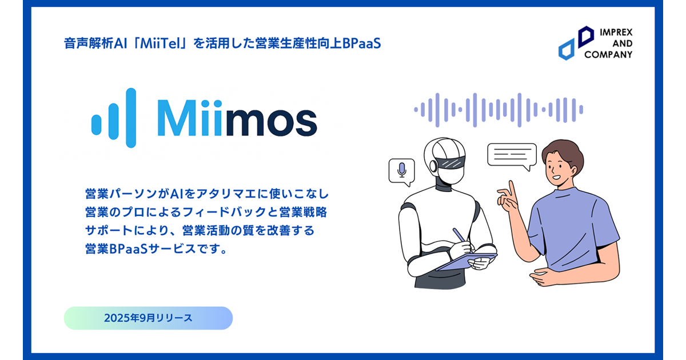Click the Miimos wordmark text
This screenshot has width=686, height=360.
click(x=237, y=118)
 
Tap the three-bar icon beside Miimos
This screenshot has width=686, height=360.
click(x=114, y=118)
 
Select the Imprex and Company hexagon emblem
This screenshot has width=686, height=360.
click(x=576, y=43)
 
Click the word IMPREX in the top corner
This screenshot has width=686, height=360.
click(x=616, y=32)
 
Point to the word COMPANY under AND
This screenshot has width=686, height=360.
click(x=608, y=54)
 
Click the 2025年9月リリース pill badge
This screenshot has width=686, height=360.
click(x=148, y=318)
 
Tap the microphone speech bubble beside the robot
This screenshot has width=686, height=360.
click(x=401, y=172)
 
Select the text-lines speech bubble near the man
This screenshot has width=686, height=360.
click(x=512, y=157)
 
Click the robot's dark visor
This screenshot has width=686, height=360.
click(x=452, y=162)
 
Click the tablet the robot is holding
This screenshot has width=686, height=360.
click(x=466, y=262)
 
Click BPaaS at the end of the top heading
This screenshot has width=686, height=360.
click(x=361, y=43)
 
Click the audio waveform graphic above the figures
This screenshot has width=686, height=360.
click(x=498, y=110)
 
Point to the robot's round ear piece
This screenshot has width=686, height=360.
click(x=433, y=166)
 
